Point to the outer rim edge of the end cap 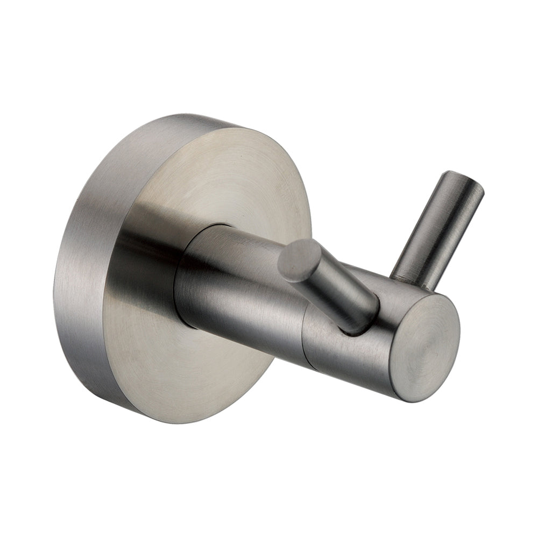coord(457,323)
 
